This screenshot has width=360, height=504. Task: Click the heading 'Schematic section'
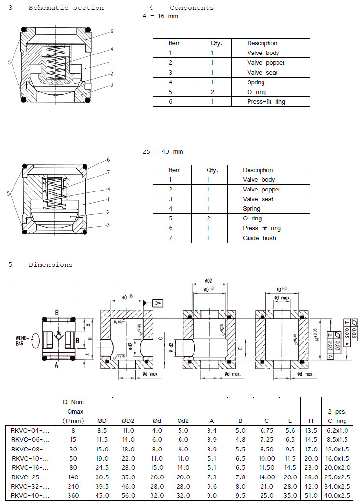point(66,8)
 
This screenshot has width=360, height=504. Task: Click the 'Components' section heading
point(192,8)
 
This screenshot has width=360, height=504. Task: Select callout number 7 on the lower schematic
point(108,172)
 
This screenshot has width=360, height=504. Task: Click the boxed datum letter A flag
point(158,303)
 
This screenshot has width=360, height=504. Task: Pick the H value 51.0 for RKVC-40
point(311,495)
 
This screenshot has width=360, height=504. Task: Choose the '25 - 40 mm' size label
point(163,152)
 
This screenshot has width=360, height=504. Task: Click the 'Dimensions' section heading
point(51,265)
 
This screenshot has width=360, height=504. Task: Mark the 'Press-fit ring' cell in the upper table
point(266,102)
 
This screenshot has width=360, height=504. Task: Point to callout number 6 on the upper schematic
point(111,31)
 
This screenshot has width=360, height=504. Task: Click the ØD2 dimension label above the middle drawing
point(208,280)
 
